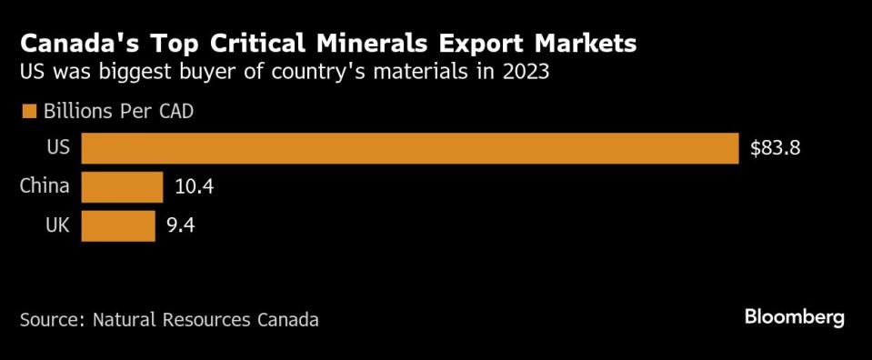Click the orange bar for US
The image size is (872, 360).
(x=409, y=148)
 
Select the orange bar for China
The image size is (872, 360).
(x=122, y=187)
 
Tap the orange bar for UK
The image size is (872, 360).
(x=117, y=225)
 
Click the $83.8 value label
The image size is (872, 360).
(x=775, y=149)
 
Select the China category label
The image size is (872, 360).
(x=45, y=187)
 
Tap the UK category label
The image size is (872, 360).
(x=56, y=225)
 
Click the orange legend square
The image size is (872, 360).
(x=28, y=112)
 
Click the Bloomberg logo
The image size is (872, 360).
(x=795, y=317)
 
